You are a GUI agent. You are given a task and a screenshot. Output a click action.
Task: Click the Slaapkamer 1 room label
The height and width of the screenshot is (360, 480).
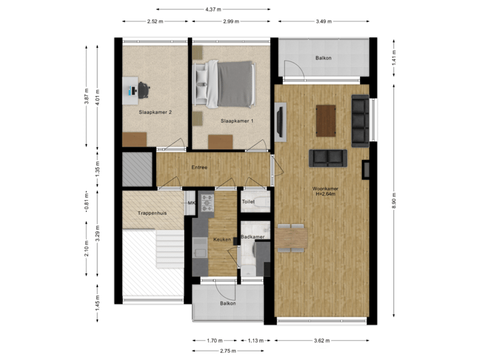click(x=237, y=121)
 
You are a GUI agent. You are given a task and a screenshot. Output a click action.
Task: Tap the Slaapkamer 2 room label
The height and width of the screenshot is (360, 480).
click(x=155, y=113)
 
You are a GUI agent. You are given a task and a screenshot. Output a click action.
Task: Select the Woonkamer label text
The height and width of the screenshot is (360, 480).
click(x=325, y=189)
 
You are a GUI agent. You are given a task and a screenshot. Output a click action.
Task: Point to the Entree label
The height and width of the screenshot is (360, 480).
click(x=199, y=167)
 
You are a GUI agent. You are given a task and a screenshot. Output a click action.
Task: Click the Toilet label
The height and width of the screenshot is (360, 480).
click(x=248, y=201)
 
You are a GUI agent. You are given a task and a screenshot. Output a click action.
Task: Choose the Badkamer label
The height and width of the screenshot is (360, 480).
click(x=253, y=237)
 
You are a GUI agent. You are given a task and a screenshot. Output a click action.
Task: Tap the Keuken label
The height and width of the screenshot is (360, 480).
click(x=221, y=239)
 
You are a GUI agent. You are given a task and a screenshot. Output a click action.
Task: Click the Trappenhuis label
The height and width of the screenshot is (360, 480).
click(x=151, y=213)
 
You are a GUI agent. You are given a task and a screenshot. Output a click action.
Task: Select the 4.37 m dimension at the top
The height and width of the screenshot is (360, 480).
click(x=213, y=9)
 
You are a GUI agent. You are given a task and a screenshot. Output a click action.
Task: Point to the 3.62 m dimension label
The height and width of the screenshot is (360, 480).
click(x=321, y=341)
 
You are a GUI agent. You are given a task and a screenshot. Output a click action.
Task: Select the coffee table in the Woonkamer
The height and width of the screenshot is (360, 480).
click(x=326, y=120)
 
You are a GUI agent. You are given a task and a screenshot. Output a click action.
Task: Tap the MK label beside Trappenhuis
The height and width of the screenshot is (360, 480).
click(x=191, y=203)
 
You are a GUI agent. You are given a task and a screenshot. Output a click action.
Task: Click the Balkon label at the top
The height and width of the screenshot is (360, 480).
click(x=323, y=58)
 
